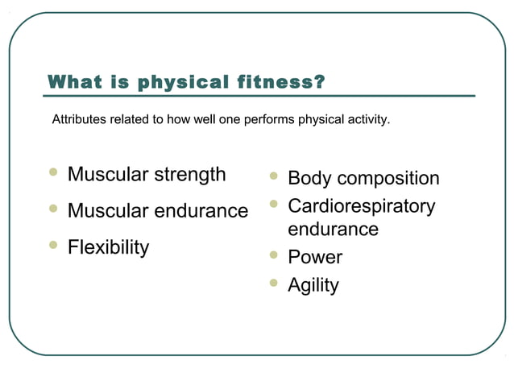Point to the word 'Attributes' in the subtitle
78,120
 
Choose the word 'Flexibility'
108,247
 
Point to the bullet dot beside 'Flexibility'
54,245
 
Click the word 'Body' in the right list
309,178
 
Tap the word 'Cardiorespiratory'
362,205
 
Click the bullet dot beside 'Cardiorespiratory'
275,204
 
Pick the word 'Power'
315,258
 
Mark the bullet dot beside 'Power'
275,255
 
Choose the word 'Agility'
313,285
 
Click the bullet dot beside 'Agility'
275,283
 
